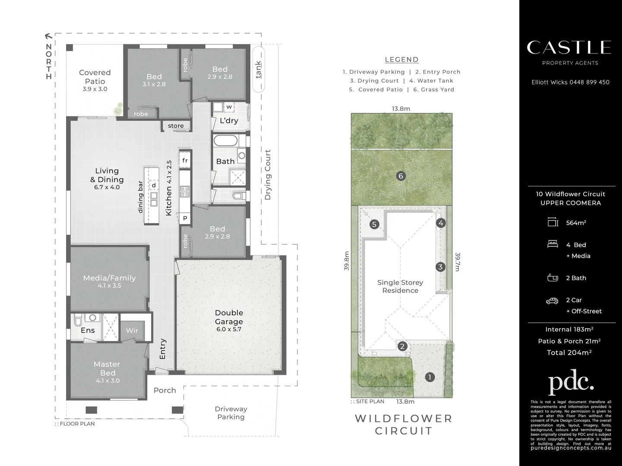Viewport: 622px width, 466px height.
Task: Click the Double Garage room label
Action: coord(229,317)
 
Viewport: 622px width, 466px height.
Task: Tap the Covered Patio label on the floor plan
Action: coord(95,77)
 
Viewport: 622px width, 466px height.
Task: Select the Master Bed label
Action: coord(107,368)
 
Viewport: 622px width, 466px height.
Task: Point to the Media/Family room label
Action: coord(109,278)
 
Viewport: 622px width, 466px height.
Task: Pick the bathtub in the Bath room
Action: coord(225,141)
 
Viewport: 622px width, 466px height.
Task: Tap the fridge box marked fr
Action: coord(185,161)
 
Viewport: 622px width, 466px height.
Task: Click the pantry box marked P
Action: coord(185,218)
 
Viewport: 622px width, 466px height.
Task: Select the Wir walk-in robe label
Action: coord(132,331)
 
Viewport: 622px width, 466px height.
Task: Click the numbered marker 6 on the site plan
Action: coord(401,176)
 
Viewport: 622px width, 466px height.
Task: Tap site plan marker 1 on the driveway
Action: coord(429,377)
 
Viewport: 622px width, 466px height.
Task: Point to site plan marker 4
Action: coord(441,223)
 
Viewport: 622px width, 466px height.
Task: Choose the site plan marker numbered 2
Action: coord(402,346)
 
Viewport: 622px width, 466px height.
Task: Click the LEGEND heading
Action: coord(401,60)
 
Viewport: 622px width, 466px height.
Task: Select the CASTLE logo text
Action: coord(569,47)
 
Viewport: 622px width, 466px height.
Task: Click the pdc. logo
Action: coord(571,382)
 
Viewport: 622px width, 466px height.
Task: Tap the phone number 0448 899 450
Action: coord(589,82)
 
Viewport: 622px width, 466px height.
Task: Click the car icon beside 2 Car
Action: coord(552,301)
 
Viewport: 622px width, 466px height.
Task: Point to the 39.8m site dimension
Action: coord(347,261)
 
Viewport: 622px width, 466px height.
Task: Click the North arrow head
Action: coord(48,37)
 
